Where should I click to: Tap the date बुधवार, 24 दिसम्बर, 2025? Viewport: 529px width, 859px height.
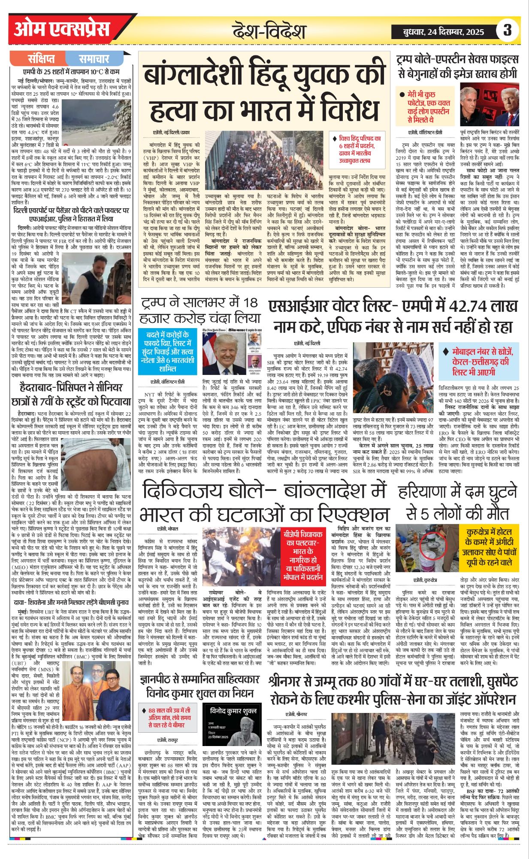tap(444, 31)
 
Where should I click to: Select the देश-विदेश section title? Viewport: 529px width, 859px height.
tap(269, 31)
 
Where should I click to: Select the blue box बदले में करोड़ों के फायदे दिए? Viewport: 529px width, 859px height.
tap(167, 351)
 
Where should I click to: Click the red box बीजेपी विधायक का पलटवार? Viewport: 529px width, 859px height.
tap(302, 554)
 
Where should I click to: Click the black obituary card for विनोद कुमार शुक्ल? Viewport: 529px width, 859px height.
tap(232, 725)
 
